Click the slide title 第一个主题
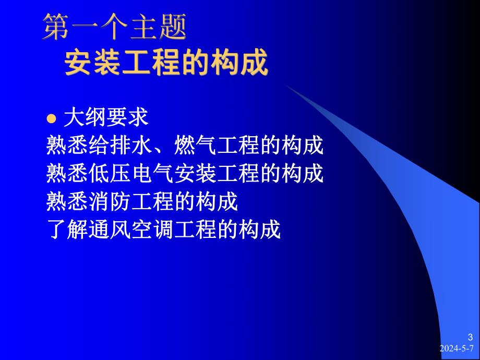(x=114, y=27)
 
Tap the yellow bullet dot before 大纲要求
(x=51, y=118)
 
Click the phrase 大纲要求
(x=106, y=118)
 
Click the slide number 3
(x=470, y=337)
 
